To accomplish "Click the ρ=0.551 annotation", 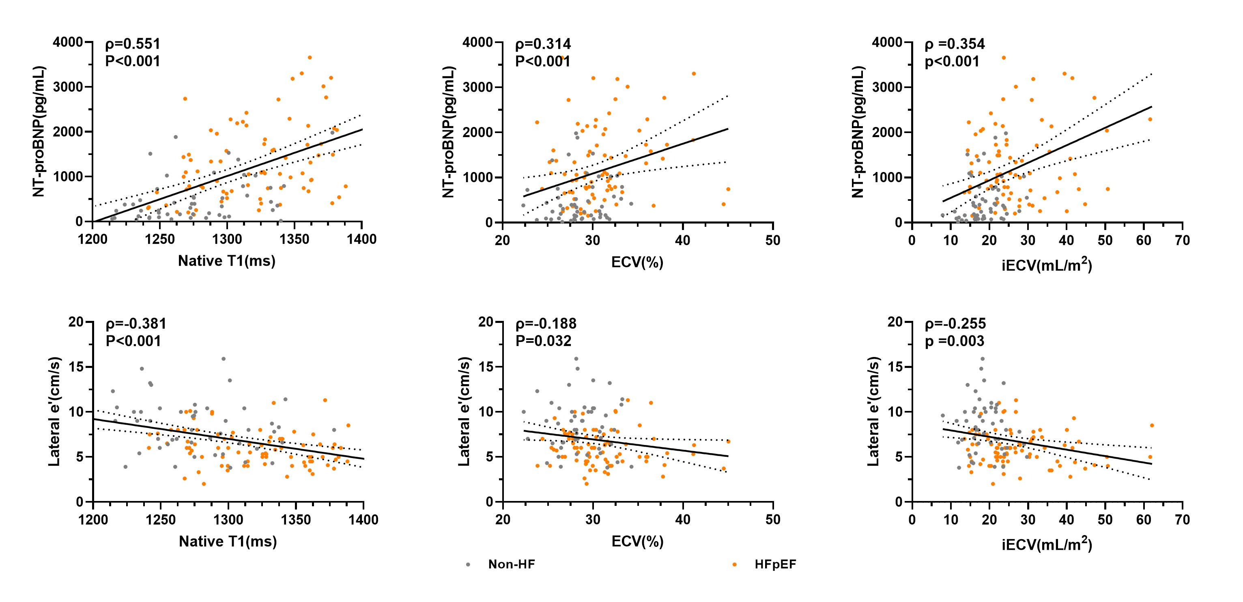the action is click(x=133, y=44).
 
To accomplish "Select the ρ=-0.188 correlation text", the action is click(x=546, y=324).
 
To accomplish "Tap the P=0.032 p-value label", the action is click(x=543, y=341).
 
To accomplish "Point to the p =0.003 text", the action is click(x=954, y=341).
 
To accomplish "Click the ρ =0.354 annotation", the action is click(x=955, y=44).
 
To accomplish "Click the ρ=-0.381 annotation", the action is click(x=136, y=324).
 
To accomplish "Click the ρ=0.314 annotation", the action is click(x=543, y=44).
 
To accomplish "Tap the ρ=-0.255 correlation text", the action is click(x=955, y=324).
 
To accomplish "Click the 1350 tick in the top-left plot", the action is click(x=295, y=239).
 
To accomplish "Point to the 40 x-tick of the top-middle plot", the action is click(x=682, y=240).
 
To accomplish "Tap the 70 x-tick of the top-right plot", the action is click(x=1182, y=240).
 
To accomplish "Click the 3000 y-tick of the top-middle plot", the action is click(x=478, y=87).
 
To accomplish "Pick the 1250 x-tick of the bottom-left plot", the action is click(x=161, y=520).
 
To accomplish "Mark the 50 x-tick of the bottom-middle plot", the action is click(x=772, y=520).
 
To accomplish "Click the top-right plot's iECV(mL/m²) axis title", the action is click(x=1047, y=265).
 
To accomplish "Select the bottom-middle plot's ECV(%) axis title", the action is click(x=637, y=542).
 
